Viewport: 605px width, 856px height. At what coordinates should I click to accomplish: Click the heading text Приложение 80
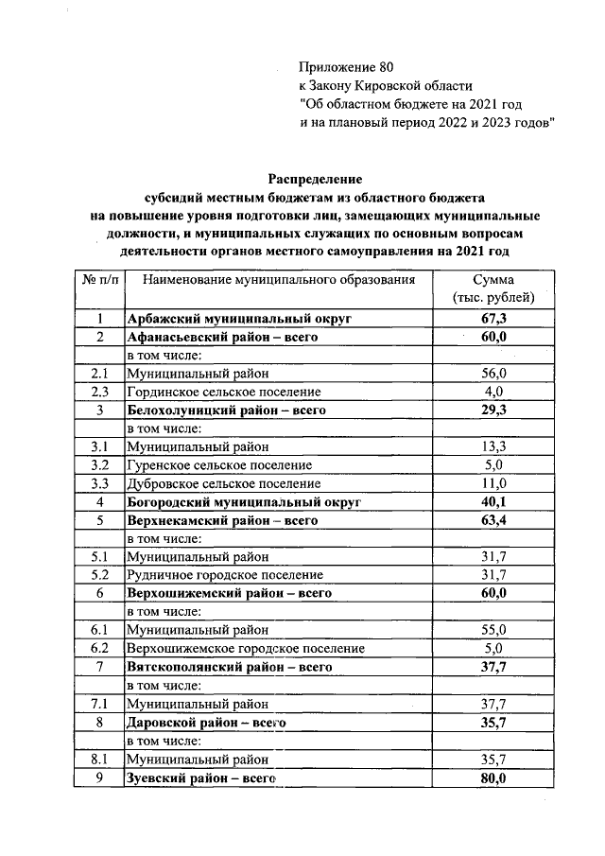[x=344, y=67]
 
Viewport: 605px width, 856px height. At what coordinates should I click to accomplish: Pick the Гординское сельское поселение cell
[x=224, y=391]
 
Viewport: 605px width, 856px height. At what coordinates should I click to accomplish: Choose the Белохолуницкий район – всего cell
[x=226, y=410]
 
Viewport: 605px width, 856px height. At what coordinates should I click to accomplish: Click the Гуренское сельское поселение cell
[x=219, y=464]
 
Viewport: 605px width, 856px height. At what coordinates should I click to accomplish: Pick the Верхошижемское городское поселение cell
[x=246, y=648]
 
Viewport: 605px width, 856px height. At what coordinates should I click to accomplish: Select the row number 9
[x=99, y=777]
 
